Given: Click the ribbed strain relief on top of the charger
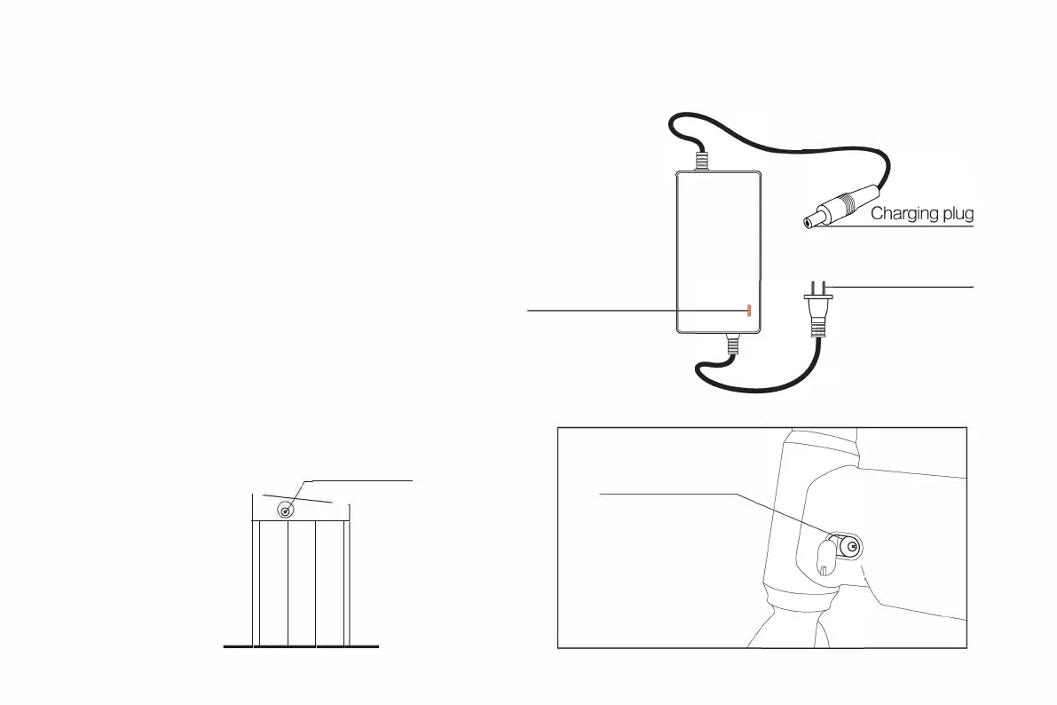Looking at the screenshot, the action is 701,162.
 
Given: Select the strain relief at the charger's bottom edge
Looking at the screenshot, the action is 732,345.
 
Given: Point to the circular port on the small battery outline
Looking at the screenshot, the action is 286,510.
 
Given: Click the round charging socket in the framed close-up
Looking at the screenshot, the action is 850,548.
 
